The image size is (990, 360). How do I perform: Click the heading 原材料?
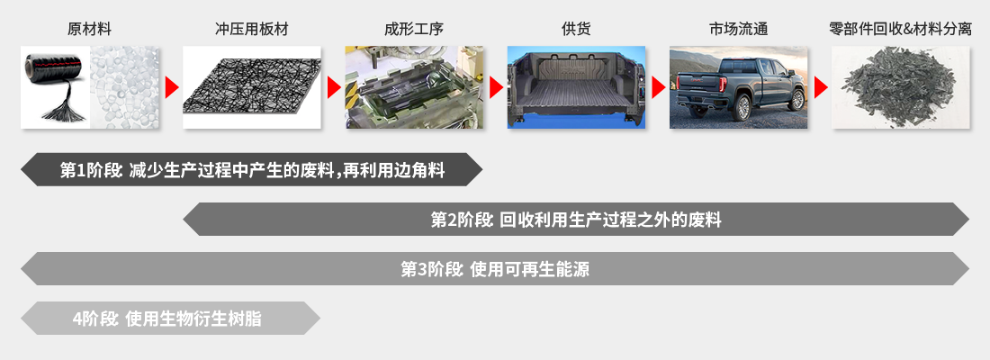90,29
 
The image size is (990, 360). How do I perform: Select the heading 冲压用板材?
252,29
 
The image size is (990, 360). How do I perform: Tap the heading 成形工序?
414,29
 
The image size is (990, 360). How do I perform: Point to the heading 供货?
576,29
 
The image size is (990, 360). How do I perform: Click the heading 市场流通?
738,29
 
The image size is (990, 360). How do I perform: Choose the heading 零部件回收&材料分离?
900,29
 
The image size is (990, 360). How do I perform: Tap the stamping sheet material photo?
252,88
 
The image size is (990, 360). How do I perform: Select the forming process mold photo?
414,88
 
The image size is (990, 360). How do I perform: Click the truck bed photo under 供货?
576,88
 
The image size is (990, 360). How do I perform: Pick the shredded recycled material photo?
900,88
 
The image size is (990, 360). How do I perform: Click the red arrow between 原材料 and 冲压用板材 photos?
172,88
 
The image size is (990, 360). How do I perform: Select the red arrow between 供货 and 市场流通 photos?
658,88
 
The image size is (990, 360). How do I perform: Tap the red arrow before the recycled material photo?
820,88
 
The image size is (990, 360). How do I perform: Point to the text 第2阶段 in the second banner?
462,220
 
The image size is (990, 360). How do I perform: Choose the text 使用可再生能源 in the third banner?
530,269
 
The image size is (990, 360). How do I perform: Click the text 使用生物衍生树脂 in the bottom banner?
194,319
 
